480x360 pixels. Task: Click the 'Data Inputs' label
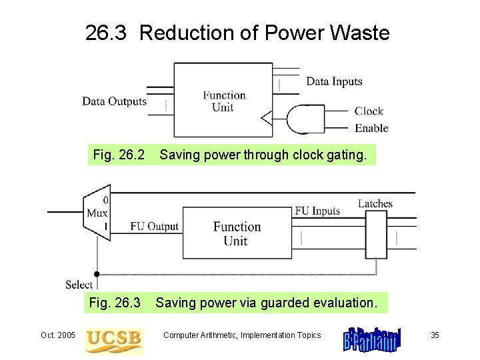pyautogui.click(x=334, y=82)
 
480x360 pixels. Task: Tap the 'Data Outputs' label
pyautogui.click(x=114, y=101)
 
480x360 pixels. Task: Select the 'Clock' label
pyautogui.click(x=369, y=111)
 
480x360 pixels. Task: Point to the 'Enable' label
pyautogui.click(x=371, y=128)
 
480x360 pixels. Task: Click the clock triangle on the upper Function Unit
pyautogui.click(x=267, y=119)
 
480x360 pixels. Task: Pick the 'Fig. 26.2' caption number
pyautogui.click(x=119, y=155)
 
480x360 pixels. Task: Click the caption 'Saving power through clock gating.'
pyautogui.click(x=263, y=155)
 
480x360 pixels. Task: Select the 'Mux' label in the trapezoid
pyautogui.click(x=97, y=213)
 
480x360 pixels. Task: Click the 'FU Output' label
pyautogui.click(x=154, y=227)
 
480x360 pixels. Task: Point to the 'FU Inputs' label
pyautogui.click(x=317, y=211)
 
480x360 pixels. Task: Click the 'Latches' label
pyautogui.click(x=375, y=204)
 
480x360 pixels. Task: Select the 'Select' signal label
pyautogui.click(x=79, y=285)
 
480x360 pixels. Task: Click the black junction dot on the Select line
pyautogui.click(x=97, y=273)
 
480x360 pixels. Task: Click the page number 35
pyautogui.click(x=435, y=335)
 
